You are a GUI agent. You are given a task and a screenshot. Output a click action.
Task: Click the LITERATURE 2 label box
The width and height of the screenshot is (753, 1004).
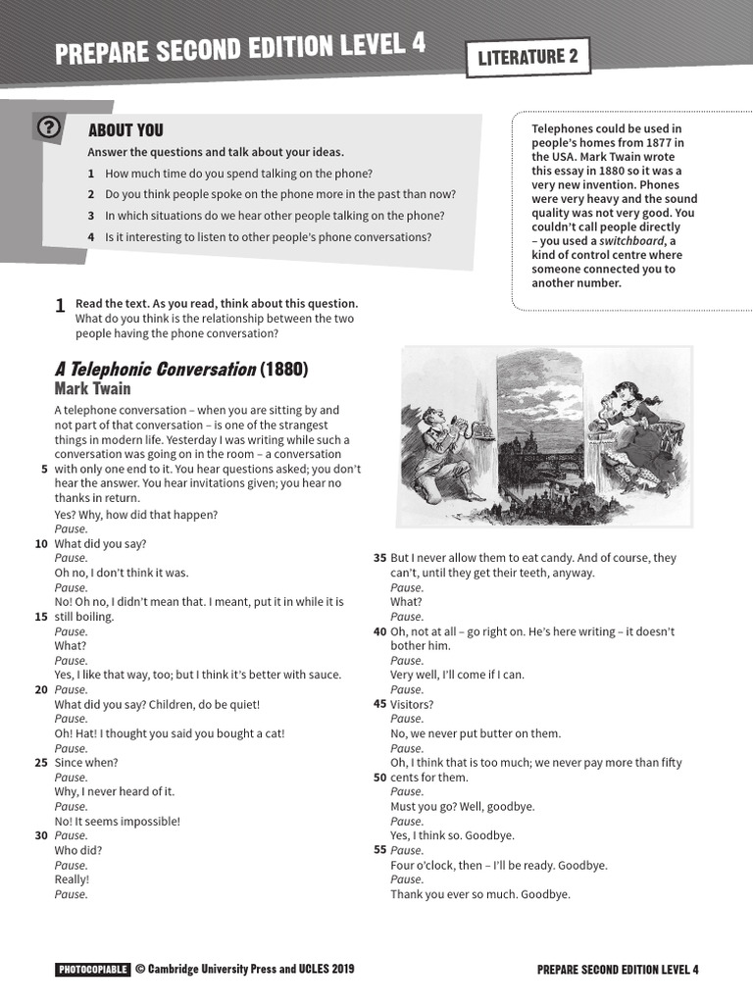click(527, 57)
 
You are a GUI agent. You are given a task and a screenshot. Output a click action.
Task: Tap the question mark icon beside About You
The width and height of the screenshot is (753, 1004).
click(49, 127)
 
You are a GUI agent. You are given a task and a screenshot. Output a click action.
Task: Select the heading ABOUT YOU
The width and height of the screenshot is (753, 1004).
click(125, 130)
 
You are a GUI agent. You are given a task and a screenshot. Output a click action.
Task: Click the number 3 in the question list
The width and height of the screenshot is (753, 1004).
click(90, 216)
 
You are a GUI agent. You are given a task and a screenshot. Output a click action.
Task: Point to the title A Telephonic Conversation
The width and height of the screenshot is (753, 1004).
click(155, 370)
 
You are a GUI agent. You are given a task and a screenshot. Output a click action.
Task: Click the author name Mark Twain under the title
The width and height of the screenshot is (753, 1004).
click(92, 389)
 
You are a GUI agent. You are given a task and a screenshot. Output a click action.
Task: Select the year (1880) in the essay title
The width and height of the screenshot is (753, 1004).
click(284, 370)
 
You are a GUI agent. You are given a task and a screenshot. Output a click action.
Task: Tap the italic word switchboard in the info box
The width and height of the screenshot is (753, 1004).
click(631, 241)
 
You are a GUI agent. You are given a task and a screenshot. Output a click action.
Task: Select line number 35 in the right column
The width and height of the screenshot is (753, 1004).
click(379, 558)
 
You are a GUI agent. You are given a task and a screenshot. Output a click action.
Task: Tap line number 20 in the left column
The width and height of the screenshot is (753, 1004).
click(41, 689)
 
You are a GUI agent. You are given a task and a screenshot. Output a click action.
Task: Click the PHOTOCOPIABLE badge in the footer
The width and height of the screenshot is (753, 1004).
click(92, 970)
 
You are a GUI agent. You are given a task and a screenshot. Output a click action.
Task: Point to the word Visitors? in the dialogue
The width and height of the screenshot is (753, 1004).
click(412, 704)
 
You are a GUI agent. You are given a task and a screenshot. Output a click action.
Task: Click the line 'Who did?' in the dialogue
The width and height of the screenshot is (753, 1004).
click(78, 850)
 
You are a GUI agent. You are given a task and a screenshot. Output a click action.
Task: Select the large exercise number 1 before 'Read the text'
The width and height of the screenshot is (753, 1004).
click(61, 307)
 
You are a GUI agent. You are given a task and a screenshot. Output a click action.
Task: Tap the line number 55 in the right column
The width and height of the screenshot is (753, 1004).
click(379, 850)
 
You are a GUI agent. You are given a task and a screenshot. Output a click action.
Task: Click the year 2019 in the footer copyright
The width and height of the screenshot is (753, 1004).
click(342, 970)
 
